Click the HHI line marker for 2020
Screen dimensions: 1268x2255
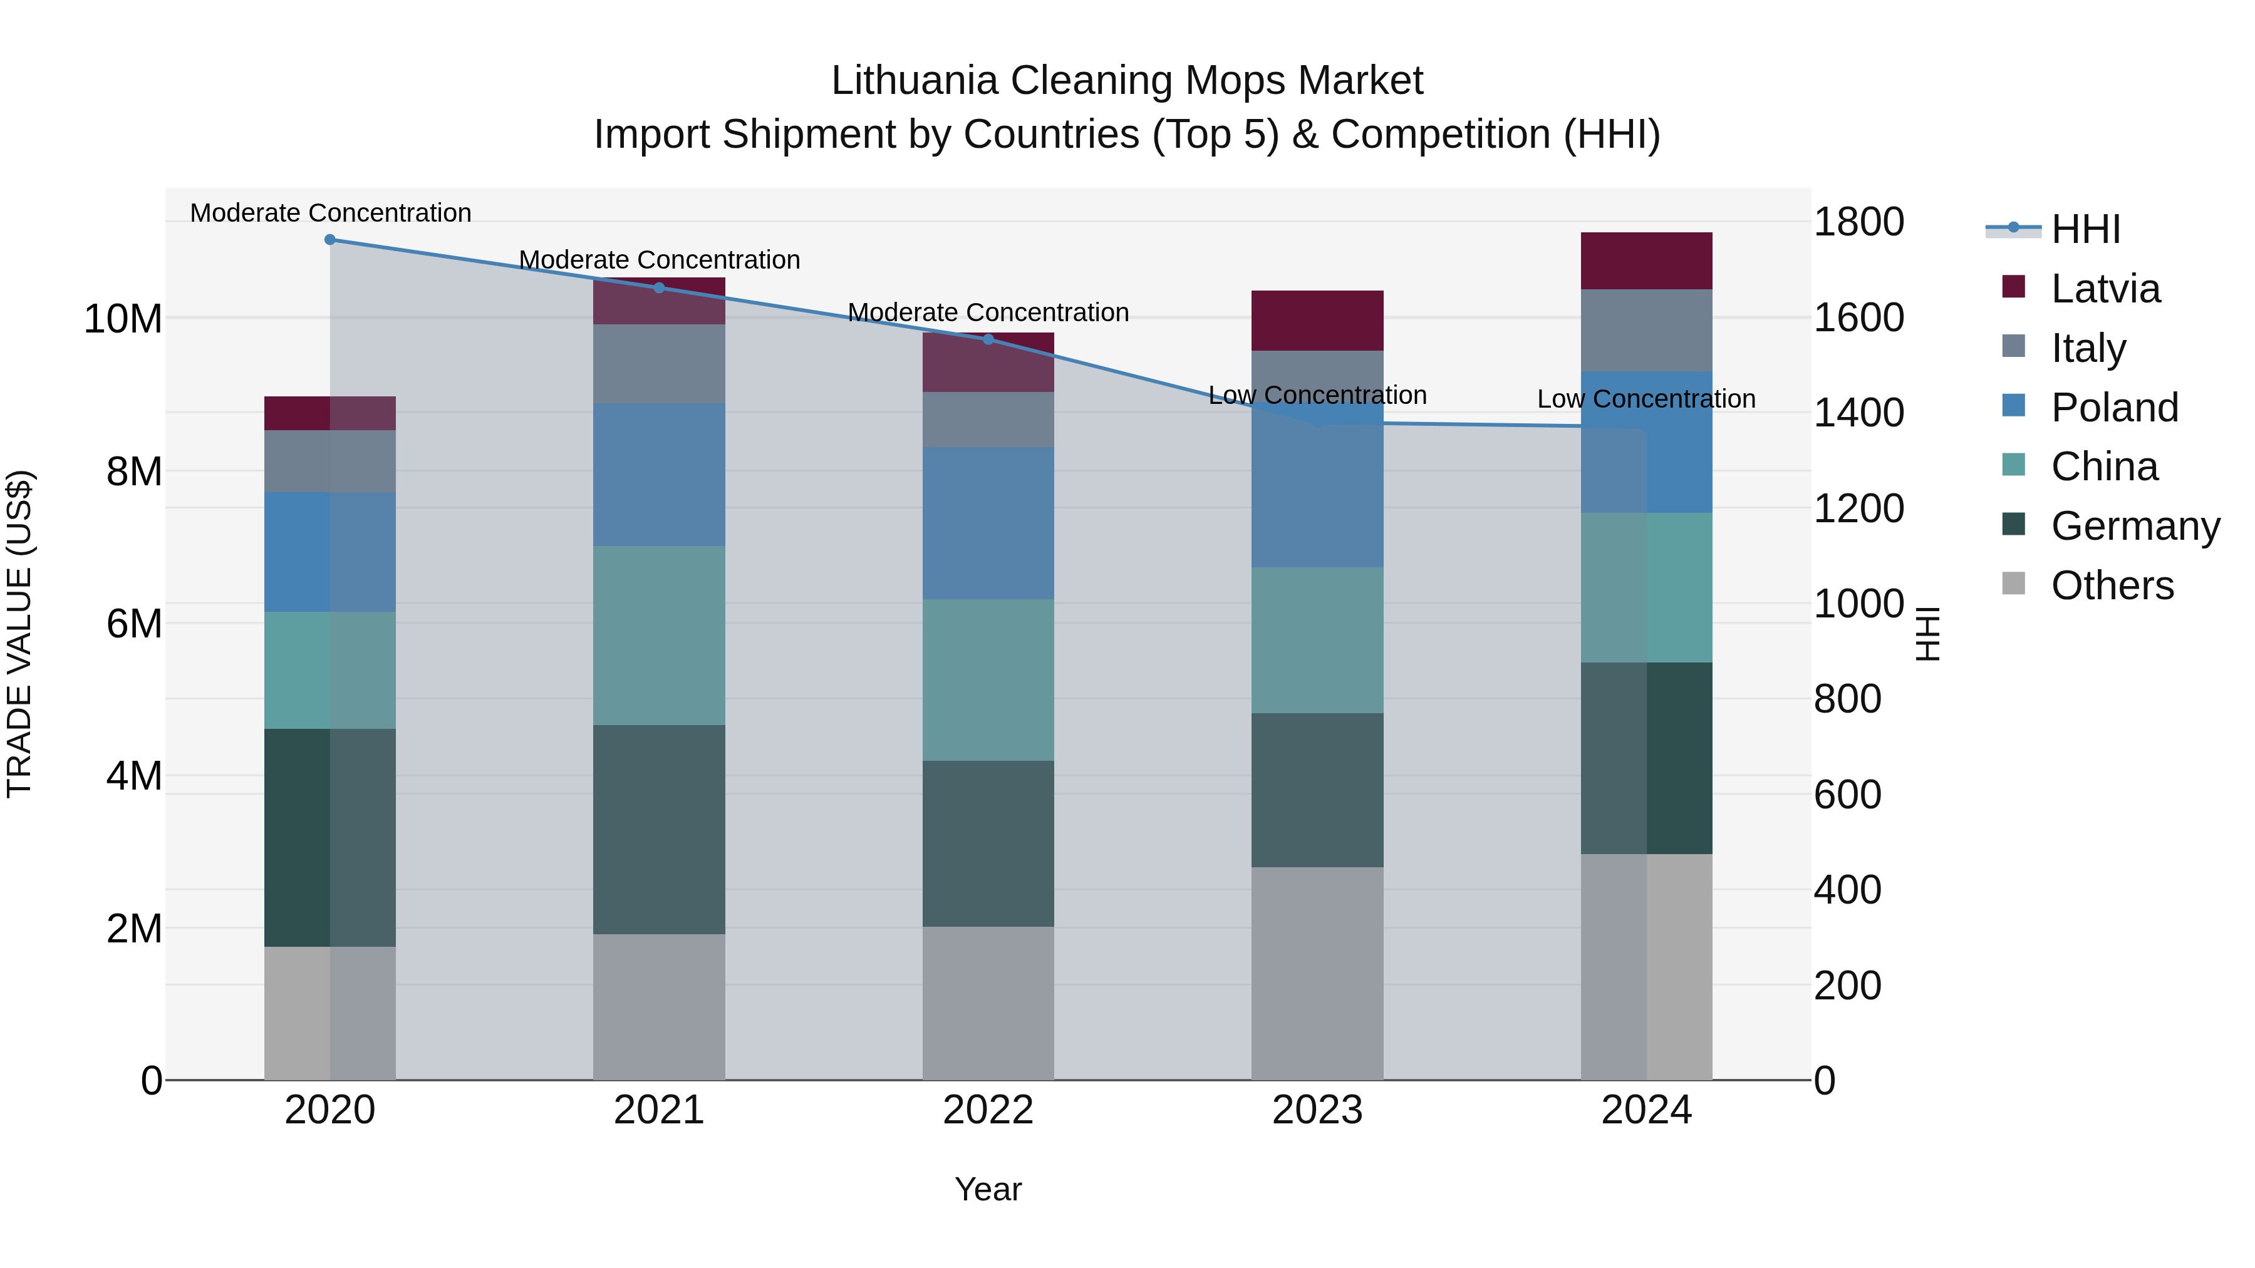(x=330, y=240)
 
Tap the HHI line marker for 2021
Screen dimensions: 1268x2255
(x=659, y=288)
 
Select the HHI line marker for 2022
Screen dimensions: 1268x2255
(x=988, y=339)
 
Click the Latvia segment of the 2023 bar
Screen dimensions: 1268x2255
(x=1317, y=320)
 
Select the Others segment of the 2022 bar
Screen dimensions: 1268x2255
(x=988, y=1003)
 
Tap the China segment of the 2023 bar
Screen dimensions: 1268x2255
(x=1317, y=640)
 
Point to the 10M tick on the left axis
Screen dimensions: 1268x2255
(x=123, y=319)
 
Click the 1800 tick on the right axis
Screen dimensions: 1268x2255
(x=1858, y=222)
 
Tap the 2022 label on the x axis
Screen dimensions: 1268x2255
(x=988, y=1110)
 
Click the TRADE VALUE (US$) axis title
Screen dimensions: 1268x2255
(x=20, y=634)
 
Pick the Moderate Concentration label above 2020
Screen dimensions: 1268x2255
(x=330, y=214)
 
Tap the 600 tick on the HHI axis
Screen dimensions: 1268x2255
(x=1847, y=795)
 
